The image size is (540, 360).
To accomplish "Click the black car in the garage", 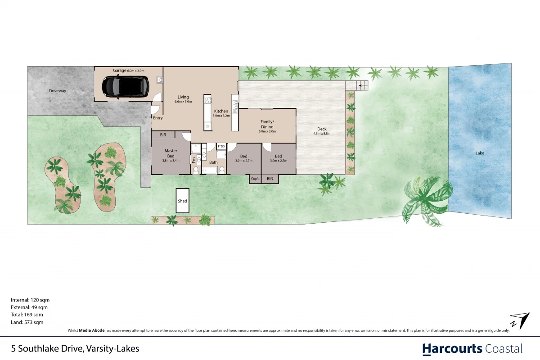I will click(x=125, y=86).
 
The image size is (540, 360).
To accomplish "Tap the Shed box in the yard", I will click(x=182, y=201).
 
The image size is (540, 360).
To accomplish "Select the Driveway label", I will click(x=58, y=91).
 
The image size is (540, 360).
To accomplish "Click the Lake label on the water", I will click(x=480, y=153).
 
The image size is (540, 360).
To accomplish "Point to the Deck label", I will click(x=322, y=130).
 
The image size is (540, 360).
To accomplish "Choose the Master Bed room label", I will click(x=171, y=153).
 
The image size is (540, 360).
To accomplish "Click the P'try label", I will click(x=221, y=146).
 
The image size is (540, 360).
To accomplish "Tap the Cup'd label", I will click(x=255, y=179).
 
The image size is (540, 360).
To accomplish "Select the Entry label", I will click(x=158, y=118).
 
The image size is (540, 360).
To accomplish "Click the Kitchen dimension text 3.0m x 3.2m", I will click(x=221, y=116).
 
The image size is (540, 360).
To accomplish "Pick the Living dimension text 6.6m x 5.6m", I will click(x=183, y=102).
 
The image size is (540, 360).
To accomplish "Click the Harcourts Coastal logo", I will click(x=472, y=348).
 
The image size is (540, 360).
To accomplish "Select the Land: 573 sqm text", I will click(x=27, y=322).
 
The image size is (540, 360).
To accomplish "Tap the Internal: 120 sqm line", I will click(x=30, y=299).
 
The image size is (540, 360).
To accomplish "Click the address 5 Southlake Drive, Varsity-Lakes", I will click(x=75, y=348).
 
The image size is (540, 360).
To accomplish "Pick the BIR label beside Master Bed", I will click(x=163, y=135).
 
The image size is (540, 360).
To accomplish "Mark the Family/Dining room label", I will click(x=267, y=124).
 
